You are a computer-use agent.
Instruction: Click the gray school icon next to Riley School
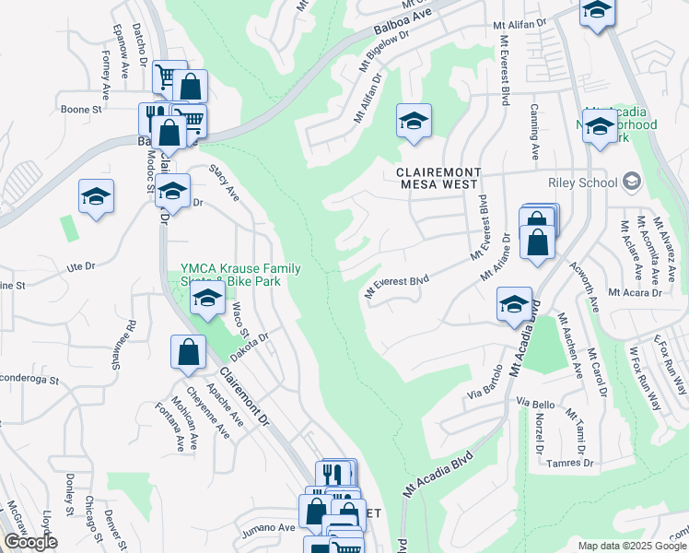[x=631, y=180]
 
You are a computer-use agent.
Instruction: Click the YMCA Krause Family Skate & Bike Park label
[x=240, y=275]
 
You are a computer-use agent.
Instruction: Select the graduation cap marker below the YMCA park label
[x=208, y=300]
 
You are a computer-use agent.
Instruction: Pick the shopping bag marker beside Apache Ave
[x=188, y=353]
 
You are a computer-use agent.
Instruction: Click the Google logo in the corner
[x=30, y=542]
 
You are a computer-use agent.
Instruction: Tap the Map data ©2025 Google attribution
[x=632, y=546]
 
